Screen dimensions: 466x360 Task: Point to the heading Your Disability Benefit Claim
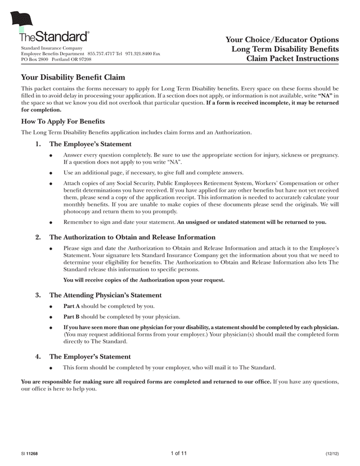tap(73, 77)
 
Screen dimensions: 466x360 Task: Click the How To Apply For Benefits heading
tap(63, 121)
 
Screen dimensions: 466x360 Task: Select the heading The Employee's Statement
tap(91, 144)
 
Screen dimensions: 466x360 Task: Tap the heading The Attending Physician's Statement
tap(106, 295)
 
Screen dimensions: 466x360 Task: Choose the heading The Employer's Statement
tap(90, 356)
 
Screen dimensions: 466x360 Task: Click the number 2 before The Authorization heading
tap(38, 238)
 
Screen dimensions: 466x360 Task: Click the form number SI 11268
tap(29, 454)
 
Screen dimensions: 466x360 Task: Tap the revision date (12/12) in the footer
tap(332, 454)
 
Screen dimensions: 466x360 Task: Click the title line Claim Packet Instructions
tap(292, 59)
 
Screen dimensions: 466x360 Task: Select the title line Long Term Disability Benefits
tap(285, 49)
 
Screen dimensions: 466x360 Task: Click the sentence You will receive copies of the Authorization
tap(144, 280)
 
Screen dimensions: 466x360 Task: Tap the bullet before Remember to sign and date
tap(51, 222)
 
